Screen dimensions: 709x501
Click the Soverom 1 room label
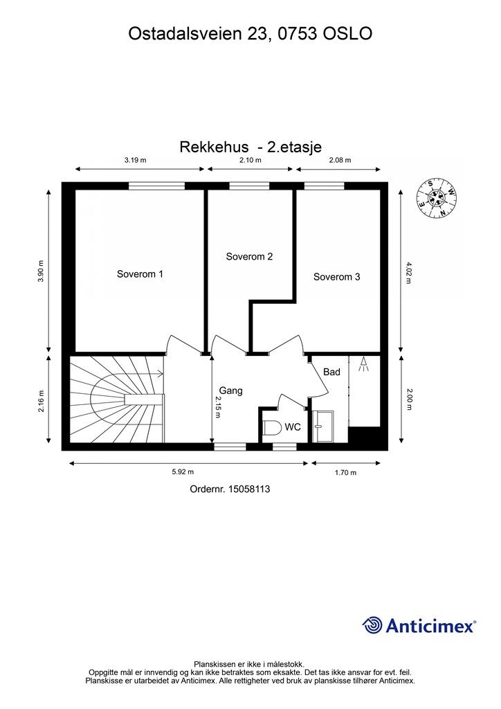140,274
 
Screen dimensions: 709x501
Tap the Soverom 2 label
249,257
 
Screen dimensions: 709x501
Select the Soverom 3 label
336,277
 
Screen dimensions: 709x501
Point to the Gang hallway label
230,391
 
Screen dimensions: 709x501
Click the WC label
293,427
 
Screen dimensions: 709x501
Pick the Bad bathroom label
332,372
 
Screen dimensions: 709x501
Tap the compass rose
437,199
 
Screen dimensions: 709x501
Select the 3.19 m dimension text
135,160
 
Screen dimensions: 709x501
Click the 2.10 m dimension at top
250,160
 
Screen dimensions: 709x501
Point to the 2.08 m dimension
340,160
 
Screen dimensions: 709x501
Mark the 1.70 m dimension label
345,473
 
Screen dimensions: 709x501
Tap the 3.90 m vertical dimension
41,271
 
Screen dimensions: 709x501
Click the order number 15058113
229,489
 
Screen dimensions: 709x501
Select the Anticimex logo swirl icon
372,625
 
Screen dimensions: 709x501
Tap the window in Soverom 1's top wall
156,185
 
